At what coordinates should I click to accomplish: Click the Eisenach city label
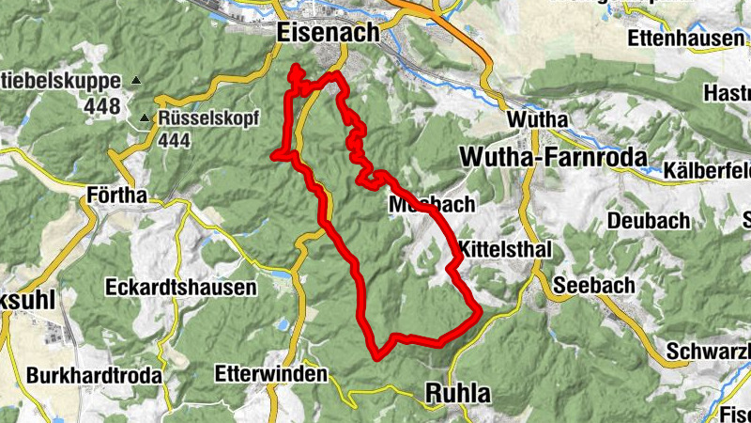[329, 32]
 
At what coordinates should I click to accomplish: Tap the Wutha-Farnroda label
[554, 157]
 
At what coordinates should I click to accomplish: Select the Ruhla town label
[459, 392]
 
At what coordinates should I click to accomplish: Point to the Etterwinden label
[271, 374]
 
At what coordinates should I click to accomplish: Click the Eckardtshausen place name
[181, 287]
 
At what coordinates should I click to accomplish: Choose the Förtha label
[116, 196]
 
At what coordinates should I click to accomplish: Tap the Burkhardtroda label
[94, 375]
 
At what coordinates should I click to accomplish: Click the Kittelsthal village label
[503, 250]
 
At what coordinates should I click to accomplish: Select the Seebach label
[594, 285]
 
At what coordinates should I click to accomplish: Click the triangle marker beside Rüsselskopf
[144, 119]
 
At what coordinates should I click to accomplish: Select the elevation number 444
[176, 140]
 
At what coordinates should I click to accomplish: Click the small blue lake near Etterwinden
[282, 324]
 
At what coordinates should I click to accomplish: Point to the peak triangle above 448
[136, 80]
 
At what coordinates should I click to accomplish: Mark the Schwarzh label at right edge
[709, 351]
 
